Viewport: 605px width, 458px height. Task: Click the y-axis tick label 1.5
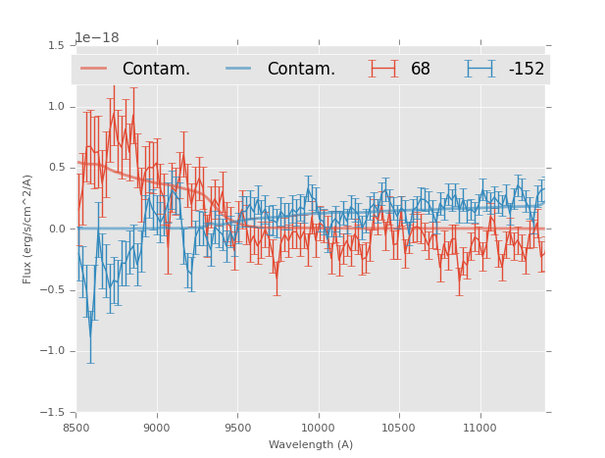tap(57, 46)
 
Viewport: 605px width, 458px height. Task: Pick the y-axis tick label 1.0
tap(57, 107)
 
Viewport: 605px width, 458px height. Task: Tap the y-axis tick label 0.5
tap(57, 168)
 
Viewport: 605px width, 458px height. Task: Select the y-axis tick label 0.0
tap(57, 229)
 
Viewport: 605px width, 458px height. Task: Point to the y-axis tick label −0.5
tap(54, 290)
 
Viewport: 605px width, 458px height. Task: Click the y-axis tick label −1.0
tap(54, 351)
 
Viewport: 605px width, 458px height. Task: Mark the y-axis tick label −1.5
tap(54, 413)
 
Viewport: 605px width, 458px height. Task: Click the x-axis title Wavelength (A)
tap(311, 445)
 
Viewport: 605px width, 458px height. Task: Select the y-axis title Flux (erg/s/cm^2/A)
tap(28, 229)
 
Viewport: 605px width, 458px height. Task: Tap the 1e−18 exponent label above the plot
tap(97, 38)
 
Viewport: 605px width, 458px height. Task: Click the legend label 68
tap(421, 70)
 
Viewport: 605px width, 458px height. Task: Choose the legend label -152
tap(526, 70)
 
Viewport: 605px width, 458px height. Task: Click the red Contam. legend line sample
tap(94, 69)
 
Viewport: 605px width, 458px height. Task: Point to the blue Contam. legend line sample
tap(239, 69)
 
